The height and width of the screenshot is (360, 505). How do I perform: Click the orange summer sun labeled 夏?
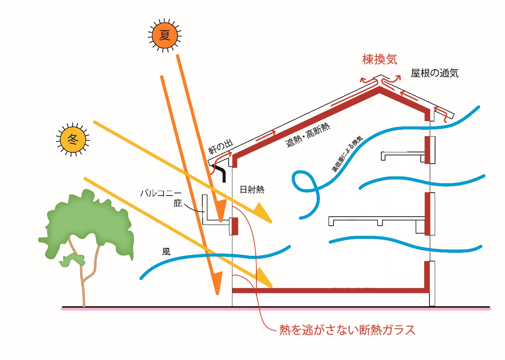(164, 35)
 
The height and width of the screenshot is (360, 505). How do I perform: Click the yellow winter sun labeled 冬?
(73, 140)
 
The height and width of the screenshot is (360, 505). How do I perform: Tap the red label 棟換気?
(379, 59)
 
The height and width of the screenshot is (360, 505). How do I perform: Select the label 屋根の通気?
(434, 73)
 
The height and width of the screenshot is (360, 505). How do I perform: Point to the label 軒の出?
(221, 146)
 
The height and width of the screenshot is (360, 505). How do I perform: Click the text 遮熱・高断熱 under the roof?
(308, 135)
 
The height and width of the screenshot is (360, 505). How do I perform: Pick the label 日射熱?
(252, 190)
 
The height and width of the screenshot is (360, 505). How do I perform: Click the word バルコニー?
(161, 193)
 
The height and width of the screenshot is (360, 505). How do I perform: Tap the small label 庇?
(177, 203)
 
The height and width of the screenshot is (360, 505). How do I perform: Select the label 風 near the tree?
(166, 252)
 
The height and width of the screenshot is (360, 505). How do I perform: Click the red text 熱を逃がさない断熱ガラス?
(347, 330)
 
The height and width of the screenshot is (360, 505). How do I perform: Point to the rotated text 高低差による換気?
(347, 154)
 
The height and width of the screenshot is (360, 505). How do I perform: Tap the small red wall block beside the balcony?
(235, 226)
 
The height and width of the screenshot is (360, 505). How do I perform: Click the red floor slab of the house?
(331, 290)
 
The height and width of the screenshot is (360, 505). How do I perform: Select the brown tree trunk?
(83, 286)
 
